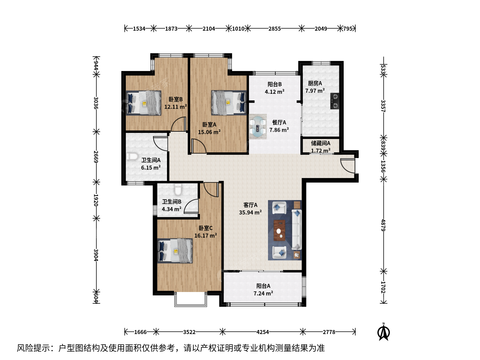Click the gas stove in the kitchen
[335, 101]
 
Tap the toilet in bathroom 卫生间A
[132, 157]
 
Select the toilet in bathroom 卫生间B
[178, 189]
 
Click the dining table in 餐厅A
[258, 126]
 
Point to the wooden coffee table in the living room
[279, 230]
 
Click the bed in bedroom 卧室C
[175, 251]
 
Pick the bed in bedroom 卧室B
[143, 103]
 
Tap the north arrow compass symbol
[383, 332]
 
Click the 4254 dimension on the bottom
[262, 332]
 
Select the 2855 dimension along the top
[274, 29]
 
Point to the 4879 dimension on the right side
[383, 225]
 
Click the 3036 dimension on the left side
[96, 103]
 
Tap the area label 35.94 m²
[250, 212]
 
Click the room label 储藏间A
[321, 143]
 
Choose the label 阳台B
[274, 84]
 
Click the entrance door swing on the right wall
[348, 166]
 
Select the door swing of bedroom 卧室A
[199, 146]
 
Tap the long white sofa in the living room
[297, 230]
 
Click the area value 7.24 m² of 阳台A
[263, 293]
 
